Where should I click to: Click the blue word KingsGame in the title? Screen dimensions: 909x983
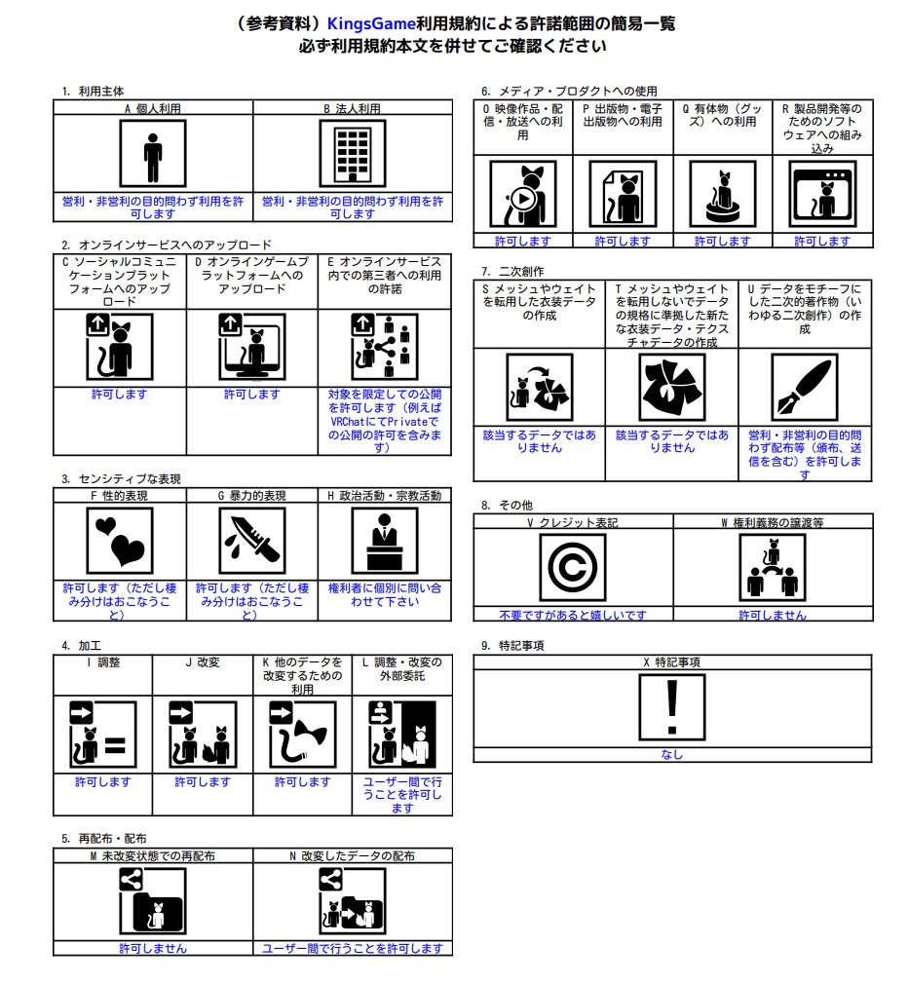tap(371, 23)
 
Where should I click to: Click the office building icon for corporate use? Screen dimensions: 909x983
tap(353, 154)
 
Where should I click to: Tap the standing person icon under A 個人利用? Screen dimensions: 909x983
tap(153, 154)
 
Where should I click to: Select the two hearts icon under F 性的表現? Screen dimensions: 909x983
tap(120, 541)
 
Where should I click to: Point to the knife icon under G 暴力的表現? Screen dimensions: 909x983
tap(252, 541)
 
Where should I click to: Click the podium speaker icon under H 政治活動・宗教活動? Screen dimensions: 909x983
tap(384, 541)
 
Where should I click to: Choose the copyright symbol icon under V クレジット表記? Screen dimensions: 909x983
tap(572, 567)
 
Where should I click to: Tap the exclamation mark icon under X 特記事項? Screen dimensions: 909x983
tap(672, 707)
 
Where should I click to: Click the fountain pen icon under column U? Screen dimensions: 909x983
tap(805, 387)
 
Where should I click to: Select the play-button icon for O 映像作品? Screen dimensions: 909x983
tap(523, 194)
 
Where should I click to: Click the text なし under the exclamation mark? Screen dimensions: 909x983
tap(672, 754)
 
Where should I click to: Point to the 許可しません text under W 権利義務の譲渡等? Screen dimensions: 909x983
tap(773, 615)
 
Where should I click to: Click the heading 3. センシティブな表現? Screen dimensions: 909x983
tap(121, 479)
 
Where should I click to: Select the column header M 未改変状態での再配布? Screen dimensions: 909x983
tap(153, 855)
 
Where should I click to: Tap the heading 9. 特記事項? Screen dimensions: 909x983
tap(512, 646)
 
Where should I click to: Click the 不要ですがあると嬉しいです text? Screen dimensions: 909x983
tap(572, 615)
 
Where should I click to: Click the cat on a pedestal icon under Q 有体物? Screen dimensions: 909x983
tap(722, 194)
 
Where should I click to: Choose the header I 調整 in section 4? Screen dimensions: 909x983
tap(103, 662)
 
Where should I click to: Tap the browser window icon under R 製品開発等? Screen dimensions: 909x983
tap(822, 194)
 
